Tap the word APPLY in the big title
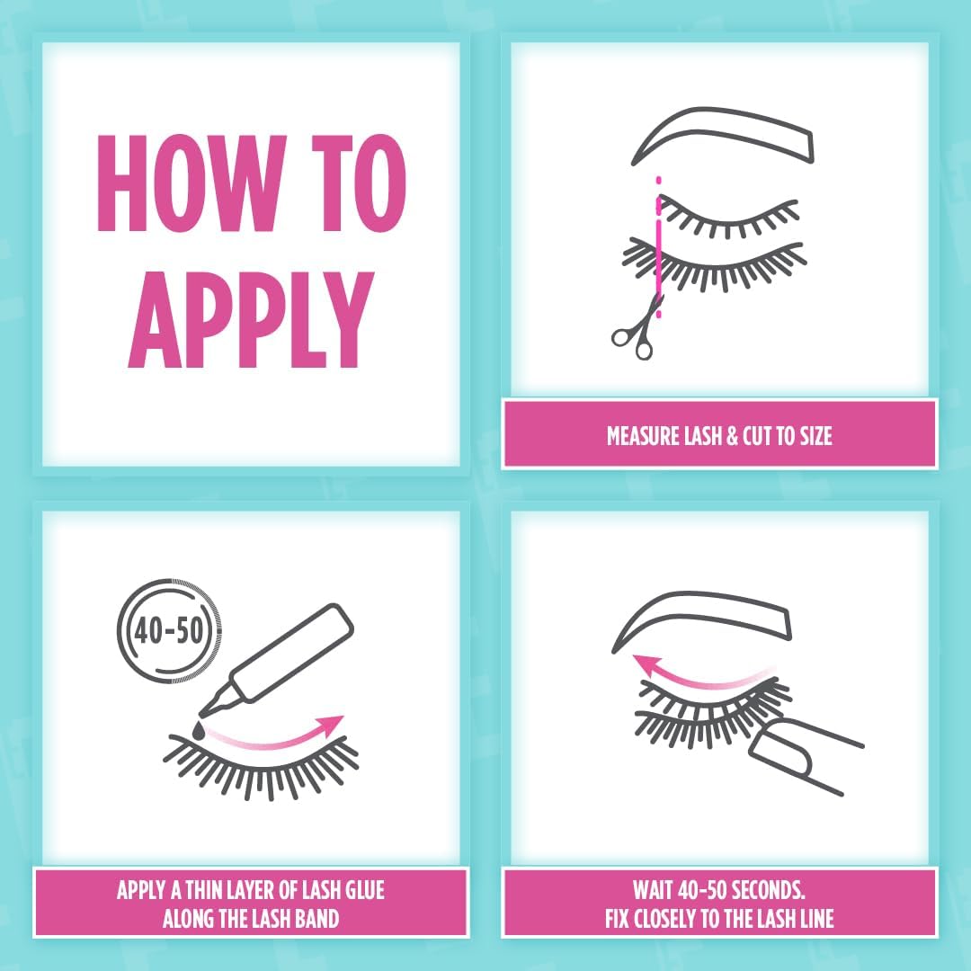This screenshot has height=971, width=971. pyautogui.click(x=252, y=318)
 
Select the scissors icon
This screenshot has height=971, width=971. pyautogui.click(x=637, y=329)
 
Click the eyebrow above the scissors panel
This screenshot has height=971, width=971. pyautogui.click(x=723, y=137)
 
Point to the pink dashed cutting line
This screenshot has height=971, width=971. pyautogui.click(x=659, y=248)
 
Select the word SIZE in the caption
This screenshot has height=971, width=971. pyautogui.click(x=815, y=436)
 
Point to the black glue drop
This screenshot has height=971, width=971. pyautogui.click(x=199, y=730)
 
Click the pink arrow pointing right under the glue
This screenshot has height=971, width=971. pyautogui.click(x=276, y=735)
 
